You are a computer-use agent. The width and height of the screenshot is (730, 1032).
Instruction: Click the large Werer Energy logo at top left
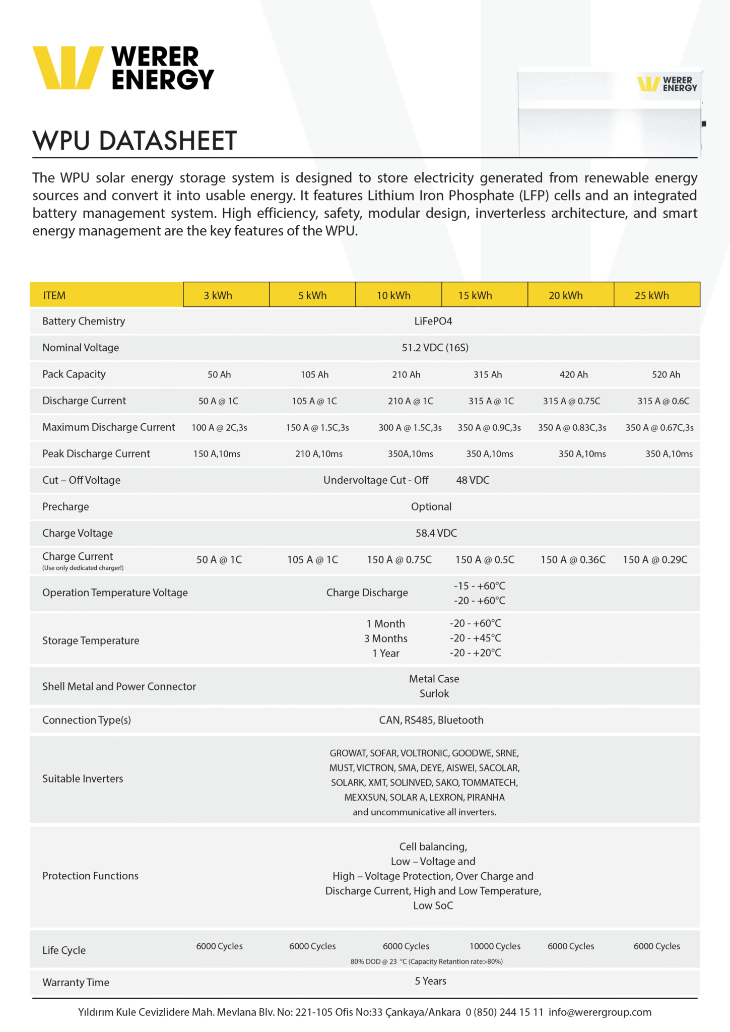coord(123,68)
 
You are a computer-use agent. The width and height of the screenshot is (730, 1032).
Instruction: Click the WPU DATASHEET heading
coord(135,141)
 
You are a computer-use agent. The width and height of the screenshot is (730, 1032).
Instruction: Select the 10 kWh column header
coord(393,295)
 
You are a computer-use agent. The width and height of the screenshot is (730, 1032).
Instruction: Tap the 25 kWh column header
coord(651,295)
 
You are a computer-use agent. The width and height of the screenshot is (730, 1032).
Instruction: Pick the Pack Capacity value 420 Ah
coord(573,374)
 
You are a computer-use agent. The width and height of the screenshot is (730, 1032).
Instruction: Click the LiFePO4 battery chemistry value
coord(433,321)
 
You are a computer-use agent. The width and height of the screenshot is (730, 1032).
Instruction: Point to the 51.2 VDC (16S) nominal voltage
coord(435,348)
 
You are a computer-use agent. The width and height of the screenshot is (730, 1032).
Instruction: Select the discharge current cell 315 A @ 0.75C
coord(571,401)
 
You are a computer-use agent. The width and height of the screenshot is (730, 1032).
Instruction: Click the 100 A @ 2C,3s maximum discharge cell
coord(219,428)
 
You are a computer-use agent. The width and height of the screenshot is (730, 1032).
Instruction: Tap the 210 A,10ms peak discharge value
coord(318,454)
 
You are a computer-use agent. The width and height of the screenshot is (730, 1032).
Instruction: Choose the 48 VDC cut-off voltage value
coord(473,480)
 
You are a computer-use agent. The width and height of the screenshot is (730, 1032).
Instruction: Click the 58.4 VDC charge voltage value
coord(436,533)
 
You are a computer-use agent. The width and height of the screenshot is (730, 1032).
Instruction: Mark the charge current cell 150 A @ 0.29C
coord(655,560)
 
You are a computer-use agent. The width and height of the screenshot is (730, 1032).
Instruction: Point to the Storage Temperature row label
coord(91,640)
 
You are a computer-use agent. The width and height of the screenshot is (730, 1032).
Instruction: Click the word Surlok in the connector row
coord(434,694)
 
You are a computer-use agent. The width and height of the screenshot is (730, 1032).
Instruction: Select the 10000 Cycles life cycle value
coord(495,946)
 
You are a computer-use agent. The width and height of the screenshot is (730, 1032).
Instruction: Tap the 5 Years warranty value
coord(430,981)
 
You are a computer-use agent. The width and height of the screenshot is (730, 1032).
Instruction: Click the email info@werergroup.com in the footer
coord(600,1012)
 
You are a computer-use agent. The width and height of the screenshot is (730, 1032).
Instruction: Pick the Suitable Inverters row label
coord(83,779)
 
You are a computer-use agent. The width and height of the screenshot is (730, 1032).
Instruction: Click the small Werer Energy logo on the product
coord(667,84)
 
